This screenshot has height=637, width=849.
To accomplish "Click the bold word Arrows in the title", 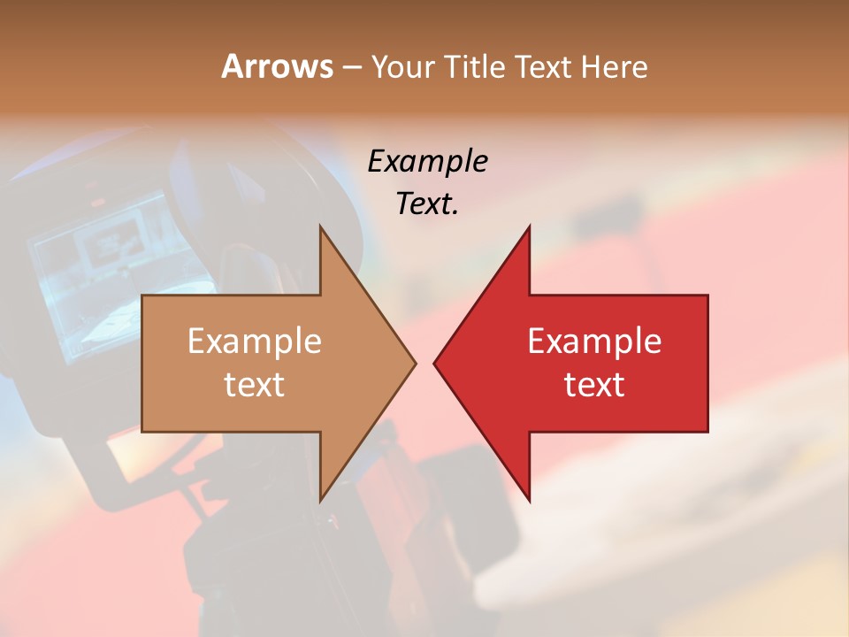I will pos(278,66).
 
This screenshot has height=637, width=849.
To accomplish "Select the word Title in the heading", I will pos(473,67).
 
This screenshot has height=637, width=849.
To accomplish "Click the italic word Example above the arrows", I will pos(427,162).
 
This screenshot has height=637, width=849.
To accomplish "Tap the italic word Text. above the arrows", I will pos(425,204).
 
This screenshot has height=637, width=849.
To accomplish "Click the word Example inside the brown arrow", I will pos(255,342).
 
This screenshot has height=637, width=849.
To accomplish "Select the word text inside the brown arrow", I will pos(255,385).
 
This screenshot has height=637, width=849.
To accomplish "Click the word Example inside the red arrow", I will pos(594,342).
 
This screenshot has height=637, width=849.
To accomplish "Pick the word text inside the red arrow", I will pos(594,385).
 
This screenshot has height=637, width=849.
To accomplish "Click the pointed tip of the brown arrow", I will pos(414,363).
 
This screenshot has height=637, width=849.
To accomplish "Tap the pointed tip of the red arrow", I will pos(435,363).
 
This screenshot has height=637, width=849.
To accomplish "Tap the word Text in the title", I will pos(541,67).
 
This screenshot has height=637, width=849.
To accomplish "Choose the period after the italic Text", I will pos(455,213).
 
